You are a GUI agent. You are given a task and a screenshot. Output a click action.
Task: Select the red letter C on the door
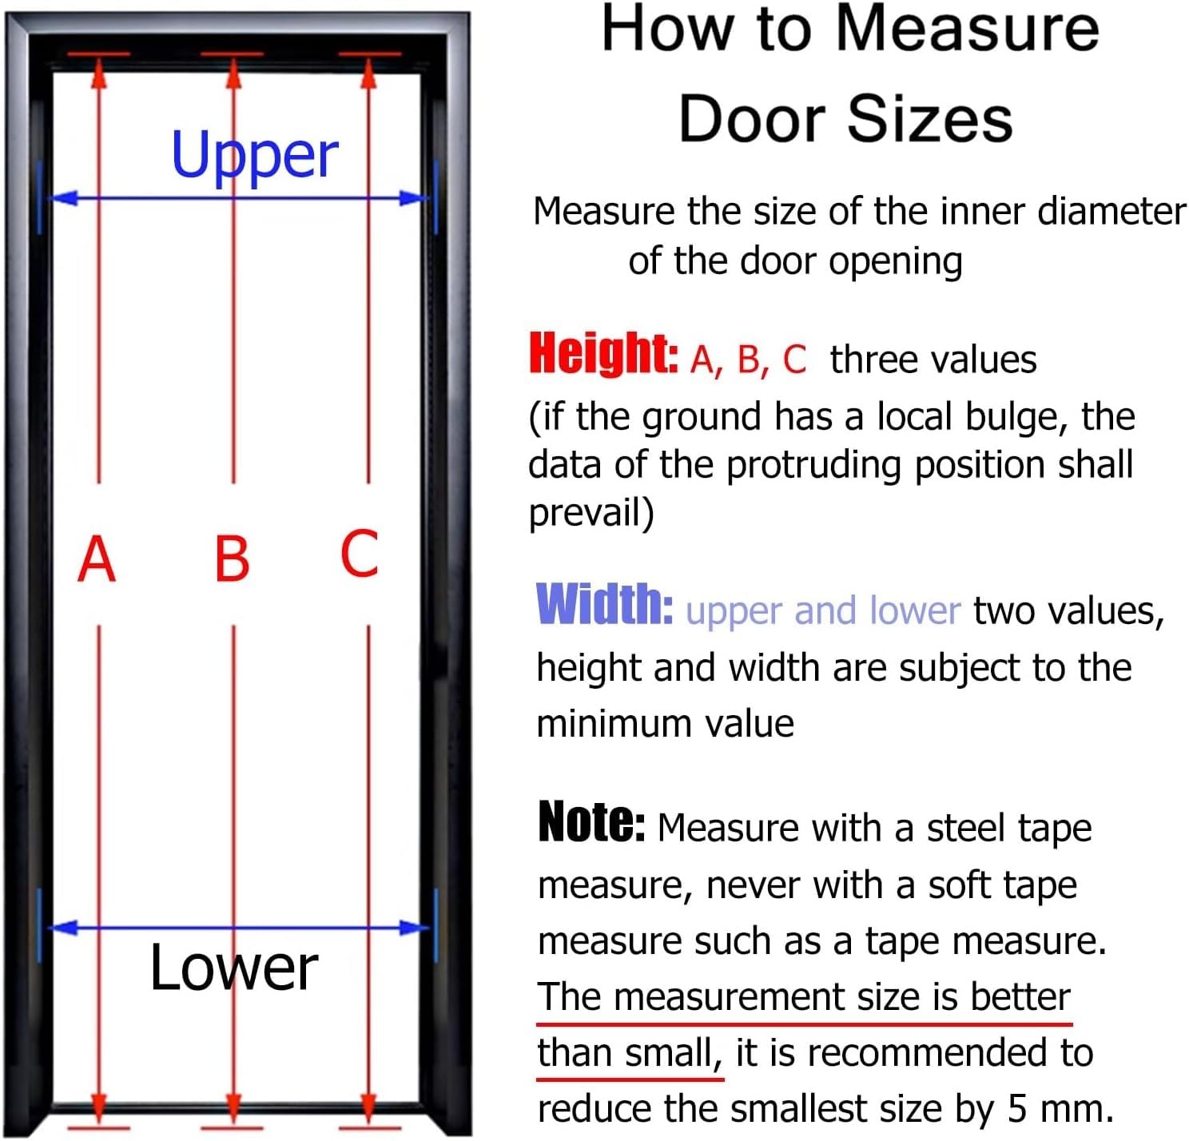click(360, 554)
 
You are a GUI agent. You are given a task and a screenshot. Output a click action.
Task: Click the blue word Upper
click(254, 157)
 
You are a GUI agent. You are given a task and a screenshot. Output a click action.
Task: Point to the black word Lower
click(234, 968)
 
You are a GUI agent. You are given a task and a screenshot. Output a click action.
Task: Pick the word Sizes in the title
click(930, 120)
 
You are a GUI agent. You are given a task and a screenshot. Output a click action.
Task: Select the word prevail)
click(591, 513)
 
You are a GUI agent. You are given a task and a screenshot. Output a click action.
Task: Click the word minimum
click(614, 723)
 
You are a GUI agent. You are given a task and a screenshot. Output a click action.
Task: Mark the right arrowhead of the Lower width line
click(413, 927)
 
